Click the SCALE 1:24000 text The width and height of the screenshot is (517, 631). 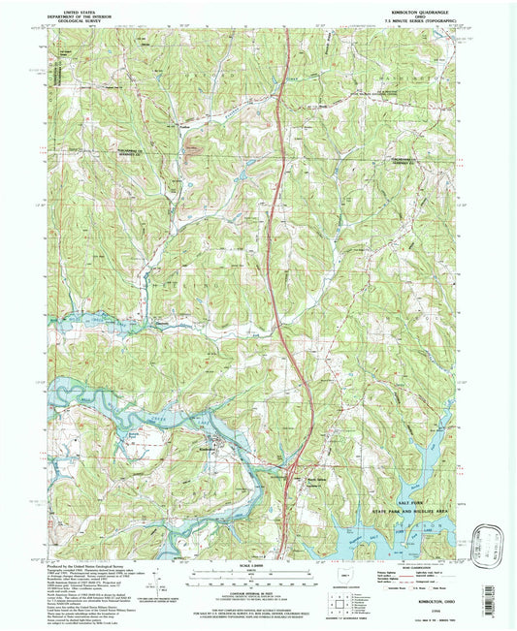pos(255,566)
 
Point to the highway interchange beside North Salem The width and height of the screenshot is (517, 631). pos(294,472)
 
